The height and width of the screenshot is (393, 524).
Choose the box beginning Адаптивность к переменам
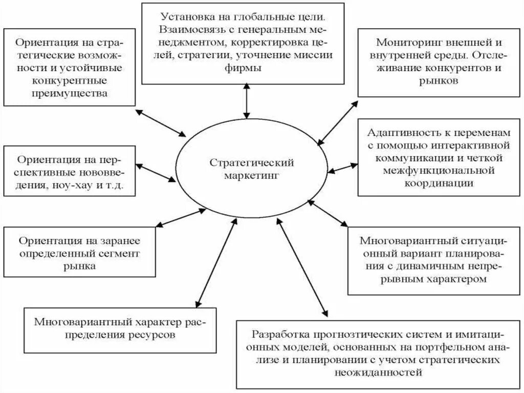click(x=439, y=158)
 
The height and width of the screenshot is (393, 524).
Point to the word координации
click(x=439, y=183)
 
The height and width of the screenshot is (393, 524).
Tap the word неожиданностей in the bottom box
click(x=379, y=373)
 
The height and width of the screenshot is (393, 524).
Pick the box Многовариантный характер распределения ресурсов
click(x=120, y=329)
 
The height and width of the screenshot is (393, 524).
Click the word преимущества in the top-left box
click(x=70, y=93)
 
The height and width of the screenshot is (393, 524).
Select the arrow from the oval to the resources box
click(x=216, y=261)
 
